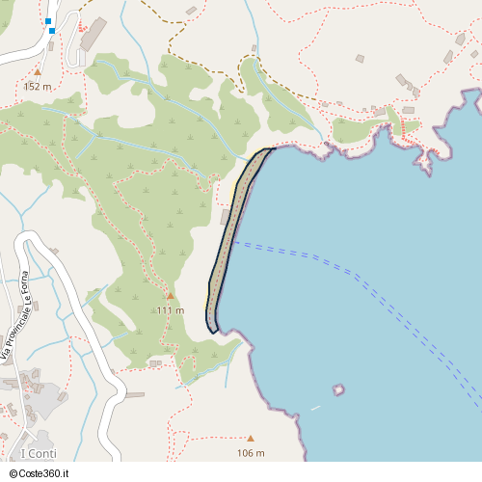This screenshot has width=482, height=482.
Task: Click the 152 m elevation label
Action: point(37,86)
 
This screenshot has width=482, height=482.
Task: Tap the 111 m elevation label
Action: point(171,310)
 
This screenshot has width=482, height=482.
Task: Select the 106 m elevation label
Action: point(251,453)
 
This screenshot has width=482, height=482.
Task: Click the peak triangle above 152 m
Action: point(38,71)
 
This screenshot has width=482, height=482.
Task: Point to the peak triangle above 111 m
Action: point(171,296)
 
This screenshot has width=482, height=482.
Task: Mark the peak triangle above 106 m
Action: point(251,439)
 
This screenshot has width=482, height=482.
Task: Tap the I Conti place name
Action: point(38,454)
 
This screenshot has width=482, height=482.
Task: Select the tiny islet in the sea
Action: point(338,390)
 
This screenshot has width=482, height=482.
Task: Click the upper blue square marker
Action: point(48,20)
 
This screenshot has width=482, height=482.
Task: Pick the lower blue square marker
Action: point(52,31)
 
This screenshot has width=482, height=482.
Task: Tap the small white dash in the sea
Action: point(315,408)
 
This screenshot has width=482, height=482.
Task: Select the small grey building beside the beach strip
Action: point(226,217)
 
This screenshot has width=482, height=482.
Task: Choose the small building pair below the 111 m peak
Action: point(155,363)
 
